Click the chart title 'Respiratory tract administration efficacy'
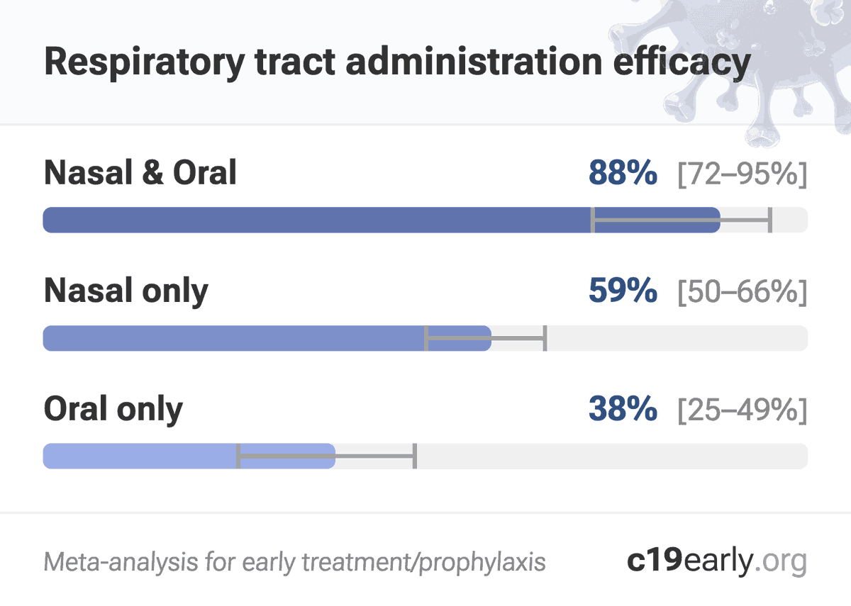click(397, 62)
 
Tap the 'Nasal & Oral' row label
click(140, 173)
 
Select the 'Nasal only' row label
click(126, 291)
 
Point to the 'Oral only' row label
click(113, 409)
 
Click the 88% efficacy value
click(623, 174)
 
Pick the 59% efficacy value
click(623, 291)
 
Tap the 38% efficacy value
click(623, 409)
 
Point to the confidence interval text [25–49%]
click(742, 410)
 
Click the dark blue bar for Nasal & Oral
click(312, 220)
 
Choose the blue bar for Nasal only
click(234, 338)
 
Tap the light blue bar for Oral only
click(142, 456)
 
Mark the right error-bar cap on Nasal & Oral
click(769, 220)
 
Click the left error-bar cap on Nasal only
click(426, 339)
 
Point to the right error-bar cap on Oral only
click(415, 456)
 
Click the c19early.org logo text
click(717, 561)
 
